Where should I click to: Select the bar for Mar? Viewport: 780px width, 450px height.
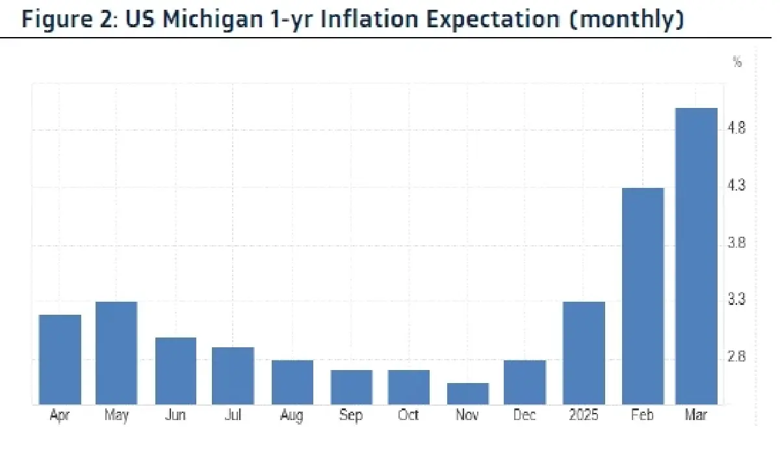696,256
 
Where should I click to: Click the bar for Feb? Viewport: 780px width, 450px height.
643,296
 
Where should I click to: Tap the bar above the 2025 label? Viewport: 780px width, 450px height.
584,353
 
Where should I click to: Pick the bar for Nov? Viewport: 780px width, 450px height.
467,393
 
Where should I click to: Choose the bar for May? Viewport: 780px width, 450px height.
116,353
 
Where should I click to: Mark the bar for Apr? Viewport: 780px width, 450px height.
60,360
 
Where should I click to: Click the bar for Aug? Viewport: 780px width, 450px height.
292,382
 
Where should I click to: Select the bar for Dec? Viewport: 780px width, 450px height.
525,382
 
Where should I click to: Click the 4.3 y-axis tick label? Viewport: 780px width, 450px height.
737,186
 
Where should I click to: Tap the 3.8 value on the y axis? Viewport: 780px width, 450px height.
737,244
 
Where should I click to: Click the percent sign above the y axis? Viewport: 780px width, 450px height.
737,62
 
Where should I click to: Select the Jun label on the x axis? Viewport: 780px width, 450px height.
175,416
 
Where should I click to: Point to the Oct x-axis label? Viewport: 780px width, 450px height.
408,416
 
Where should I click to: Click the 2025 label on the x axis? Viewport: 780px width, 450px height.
584,416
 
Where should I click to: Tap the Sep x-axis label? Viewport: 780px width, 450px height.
351,416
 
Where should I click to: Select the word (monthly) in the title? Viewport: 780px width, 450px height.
628,19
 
